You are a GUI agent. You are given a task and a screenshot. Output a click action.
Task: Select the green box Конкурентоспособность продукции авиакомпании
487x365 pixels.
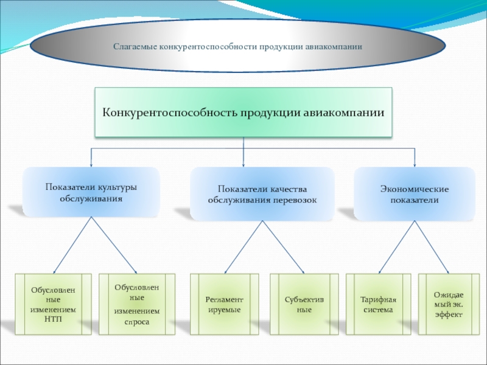tap(243, 112)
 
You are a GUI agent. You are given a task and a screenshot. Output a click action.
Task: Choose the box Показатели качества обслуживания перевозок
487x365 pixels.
tap(262, 194)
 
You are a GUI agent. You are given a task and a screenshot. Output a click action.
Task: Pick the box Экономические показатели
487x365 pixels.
tap(414, 194)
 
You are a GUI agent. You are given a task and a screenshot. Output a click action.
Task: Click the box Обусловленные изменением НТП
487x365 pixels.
tap(53, 304)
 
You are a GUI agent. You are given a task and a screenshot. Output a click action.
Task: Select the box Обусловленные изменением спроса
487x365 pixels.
tap(137, 304)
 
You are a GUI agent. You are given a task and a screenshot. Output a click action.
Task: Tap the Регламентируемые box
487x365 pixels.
tap(224, 304)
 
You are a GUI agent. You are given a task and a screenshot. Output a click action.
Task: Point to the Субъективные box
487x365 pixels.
tap(304, 304)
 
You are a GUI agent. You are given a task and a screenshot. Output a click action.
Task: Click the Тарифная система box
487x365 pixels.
tap(378, 304)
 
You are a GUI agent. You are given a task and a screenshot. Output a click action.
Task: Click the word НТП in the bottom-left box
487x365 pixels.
tap(54, 319)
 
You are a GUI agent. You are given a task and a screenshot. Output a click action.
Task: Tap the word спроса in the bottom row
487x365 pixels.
tap(137, 321)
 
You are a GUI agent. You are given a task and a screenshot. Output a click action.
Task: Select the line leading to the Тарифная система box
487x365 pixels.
tap(398, 246)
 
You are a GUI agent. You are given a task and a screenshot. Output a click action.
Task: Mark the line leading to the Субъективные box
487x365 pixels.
tap(284, 246)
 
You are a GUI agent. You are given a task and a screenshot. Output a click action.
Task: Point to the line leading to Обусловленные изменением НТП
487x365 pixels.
tap(72, 246)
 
